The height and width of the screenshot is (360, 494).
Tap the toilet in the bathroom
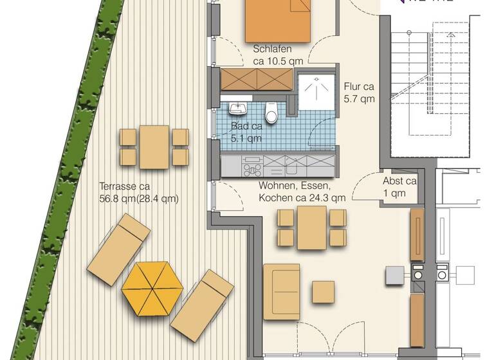[x=272, y=113]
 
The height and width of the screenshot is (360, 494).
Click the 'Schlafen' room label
[x=273, y=50]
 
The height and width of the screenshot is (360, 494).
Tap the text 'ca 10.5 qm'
[x=278, y=61]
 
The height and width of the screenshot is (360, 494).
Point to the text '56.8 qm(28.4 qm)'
[x=138, y=199]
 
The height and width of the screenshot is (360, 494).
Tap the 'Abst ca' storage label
[x=399, y=181]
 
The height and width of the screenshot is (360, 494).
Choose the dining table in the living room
[x=312, y=227]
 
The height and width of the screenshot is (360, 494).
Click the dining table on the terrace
[x=154, y=147]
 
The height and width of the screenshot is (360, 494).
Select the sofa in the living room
[x=281, y=291]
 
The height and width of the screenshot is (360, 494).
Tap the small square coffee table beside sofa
[x=323, y=292]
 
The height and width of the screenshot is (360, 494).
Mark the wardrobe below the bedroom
[x=257, y=79]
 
